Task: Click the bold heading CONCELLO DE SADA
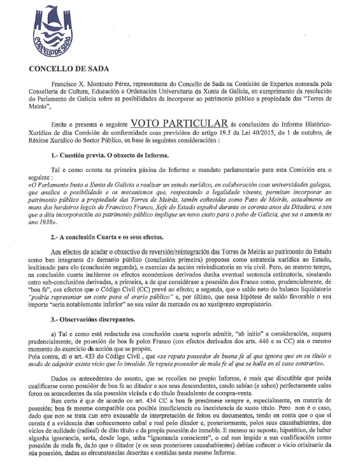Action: coord(68,67)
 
